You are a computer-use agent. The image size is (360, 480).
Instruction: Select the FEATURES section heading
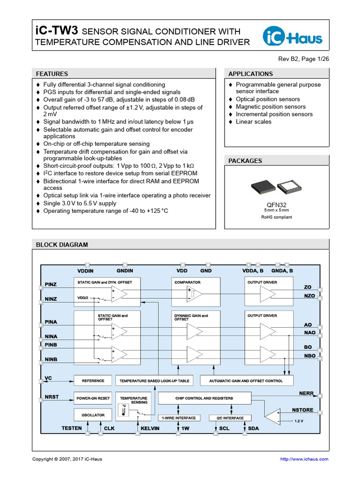(52, 74)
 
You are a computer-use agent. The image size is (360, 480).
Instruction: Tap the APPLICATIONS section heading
(250, 74)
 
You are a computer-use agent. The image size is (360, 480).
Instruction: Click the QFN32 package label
(275, 204)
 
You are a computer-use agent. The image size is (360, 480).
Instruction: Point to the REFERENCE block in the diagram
(93, 381)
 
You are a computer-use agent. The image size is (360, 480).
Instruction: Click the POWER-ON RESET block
(93, 398)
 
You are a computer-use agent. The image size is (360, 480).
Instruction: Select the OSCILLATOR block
(93, 415)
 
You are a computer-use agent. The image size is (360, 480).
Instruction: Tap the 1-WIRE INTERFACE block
(179, 418)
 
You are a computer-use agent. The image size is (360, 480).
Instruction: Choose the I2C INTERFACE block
(230, 418)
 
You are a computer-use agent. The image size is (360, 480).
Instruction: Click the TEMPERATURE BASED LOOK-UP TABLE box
(154, 381)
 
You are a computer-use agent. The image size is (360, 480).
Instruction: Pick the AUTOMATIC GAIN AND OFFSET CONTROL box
(246, 381)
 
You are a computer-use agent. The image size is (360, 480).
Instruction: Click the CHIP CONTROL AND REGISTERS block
(204, 398)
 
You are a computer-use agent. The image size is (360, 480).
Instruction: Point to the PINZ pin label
(51, 285)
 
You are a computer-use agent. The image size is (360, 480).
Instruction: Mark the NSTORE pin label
(302, 410)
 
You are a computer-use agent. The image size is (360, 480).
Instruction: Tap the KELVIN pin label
(150, 428)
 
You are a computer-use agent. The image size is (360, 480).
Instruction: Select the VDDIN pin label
(85, 271)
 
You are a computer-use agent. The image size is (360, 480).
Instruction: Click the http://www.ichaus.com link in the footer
(304, 459)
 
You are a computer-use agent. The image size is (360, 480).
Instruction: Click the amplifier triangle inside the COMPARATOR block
(195, 294)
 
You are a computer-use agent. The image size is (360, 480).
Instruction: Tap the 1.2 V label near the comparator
(299, 420)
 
